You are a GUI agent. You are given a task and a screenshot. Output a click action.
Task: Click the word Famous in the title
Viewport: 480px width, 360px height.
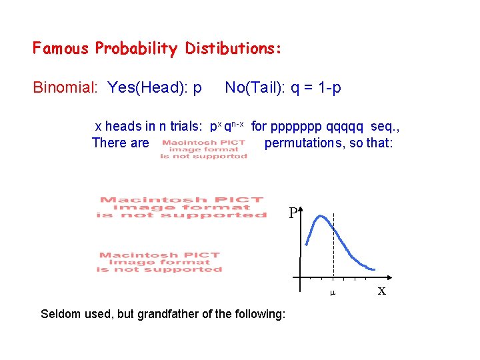pos(61,49)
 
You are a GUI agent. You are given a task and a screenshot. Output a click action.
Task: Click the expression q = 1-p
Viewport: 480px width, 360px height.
pos(316,87)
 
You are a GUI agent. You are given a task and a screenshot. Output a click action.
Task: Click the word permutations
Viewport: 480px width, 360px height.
pos(306,143)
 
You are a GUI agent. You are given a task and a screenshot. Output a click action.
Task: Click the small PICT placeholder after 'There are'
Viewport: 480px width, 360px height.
pos(203,149)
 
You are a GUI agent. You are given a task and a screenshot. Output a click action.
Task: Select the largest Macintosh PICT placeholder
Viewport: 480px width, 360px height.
pos(181,207)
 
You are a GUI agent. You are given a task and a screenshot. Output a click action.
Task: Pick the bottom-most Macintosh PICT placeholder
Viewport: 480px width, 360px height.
pos(160,262)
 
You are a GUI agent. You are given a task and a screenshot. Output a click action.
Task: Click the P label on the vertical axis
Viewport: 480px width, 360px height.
pos(293,214)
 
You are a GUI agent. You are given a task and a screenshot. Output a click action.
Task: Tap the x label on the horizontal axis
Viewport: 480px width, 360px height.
pos(381,291)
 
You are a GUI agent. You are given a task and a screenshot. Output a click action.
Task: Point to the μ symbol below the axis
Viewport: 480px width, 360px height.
pos(333,293)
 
